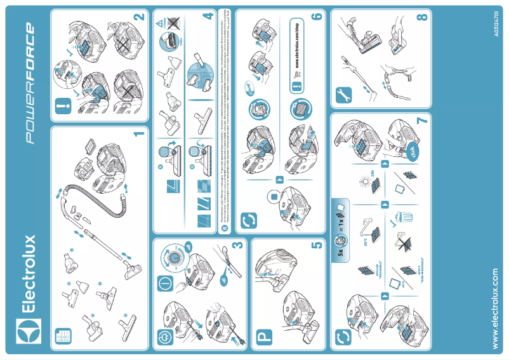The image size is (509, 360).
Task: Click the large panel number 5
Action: tap(317, 248)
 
